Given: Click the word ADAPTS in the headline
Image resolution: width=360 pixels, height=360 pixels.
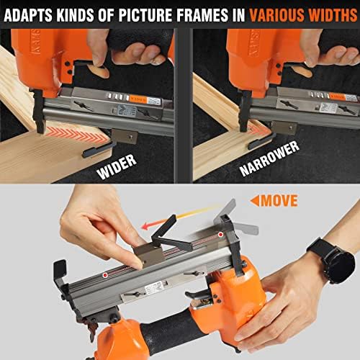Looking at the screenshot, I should (x=32, y=13).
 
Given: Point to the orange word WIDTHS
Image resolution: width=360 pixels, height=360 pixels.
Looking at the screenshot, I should (x=327, y=13).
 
